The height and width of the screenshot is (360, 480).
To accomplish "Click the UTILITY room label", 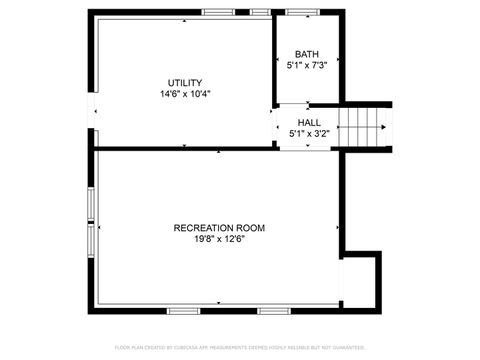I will point(185,82).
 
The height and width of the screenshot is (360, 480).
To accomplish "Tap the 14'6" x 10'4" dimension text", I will point(185,94).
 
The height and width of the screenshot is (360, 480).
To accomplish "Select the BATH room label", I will point(307,54).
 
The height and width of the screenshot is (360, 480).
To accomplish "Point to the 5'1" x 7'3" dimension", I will point(307,66).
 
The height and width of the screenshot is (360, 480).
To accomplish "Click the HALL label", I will point(309,121).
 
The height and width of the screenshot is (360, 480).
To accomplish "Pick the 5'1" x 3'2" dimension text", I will point(309,133).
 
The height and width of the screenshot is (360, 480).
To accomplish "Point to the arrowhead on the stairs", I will point(381,126).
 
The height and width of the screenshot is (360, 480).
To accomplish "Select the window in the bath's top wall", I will point(301,12).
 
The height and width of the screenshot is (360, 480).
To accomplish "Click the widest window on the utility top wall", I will point(218,12).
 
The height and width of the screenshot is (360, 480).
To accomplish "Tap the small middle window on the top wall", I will point(260,12).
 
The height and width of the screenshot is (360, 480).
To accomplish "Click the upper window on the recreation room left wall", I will point(91,203).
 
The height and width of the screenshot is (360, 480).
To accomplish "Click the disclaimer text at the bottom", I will point(240,347).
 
